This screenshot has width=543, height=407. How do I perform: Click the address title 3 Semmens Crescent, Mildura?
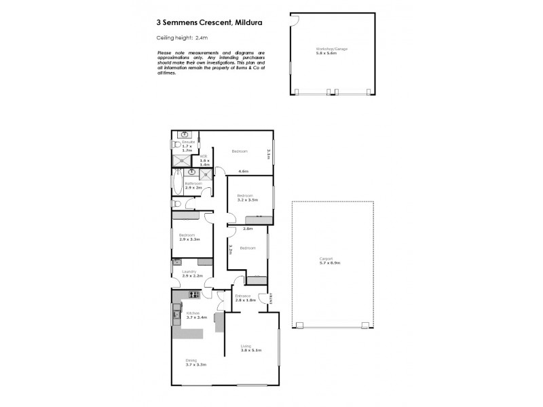coord(206,22)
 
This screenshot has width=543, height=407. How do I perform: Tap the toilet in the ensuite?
coord(175,145)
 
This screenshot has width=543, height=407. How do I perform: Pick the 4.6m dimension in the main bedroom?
coord(243,171)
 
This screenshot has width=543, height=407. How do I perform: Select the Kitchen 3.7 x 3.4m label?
coord(187,315)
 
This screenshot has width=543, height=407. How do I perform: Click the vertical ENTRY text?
coord(271,299)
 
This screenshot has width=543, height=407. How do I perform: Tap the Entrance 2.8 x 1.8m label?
coord(244,298)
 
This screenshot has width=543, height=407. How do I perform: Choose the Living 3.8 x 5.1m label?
coord(251,349)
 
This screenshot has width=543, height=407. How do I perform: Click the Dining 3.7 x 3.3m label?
coord(195,363)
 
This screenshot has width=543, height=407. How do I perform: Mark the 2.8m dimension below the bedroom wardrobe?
coord(248,229)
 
